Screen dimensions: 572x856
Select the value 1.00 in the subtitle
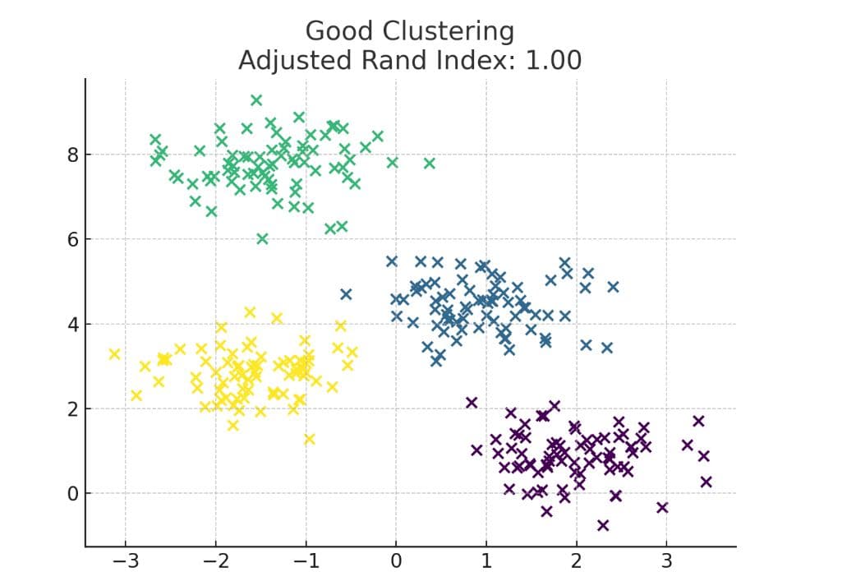[x=551, y=60]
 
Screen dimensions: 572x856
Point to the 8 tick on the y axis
[x=72, y=155]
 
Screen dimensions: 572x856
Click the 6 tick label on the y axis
[x=72, y=239]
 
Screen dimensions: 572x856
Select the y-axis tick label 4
[x=72, y=324]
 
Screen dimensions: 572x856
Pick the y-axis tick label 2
[x=72, y=409]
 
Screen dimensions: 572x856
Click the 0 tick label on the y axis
[x=72, y=494]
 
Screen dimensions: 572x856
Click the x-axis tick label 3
[x=666, y=560]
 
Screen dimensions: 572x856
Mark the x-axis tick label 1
[x=486, y=560]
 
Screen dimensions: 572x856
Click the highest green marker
[x=256, y=100]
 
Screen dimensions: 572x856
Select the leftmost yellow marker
[x=115, y=354]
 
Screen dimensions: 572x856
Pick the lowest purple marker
[x=603, y=525]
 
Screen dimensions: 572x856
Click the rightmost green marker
[x=429, y=163]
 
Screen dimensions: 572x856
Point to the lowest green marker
[x=262, y=238]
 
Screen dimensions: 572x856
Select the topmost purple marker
[x=472, y=402]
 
